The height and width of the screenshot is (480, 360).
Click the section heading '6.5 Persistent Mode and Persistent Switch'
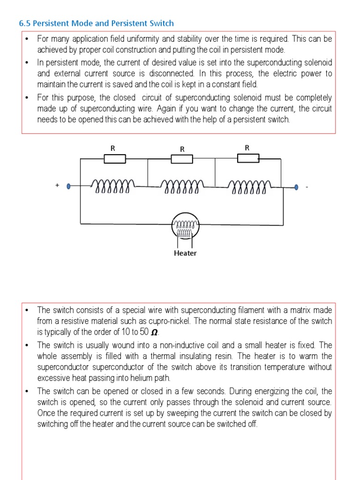coord(96,23)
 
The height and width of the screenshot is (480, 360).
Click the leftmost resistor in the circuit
coord(114,159)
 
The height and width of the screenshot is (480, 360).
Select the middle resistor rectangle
coord(182,159)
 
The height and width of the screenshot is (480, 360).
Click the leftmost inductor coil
coord(114,187)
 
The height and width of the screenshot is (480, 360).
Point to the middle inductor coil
coord(182,187)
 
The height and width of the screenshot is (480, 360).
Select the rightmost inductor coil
coord(249,187)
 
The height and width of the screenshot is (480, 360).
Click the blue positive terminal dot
coord(69,187)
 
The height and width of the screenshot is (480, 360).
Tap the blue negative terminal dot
coord(296,187)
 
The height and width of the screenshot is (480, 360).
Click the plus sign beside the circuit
coord(57,186)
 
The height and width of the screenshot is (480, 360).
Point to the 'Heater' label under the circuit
coord(185,253)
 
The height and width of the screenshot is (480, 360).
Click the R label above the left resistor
coord(112,148)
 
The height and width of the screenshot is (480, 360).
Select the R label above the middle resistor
coord(182,149)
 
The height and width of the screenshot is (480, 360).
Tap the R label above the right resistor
coord(247,148)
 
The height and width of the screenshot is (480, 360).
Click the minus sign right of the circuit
coord(307,187)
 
